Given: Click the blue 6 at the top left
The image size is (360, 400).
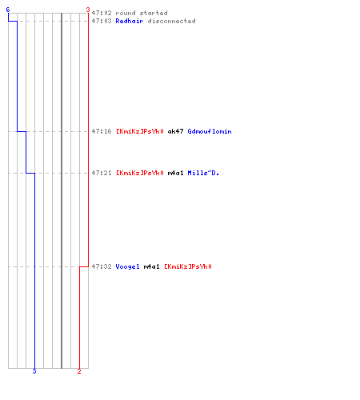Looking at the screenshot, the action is click(8, 10).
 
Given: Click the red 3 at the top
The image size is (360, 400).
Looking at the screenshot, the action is click(88, 10).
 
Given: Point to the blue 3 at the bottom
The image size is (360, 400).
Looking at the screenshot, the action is click(34, 371).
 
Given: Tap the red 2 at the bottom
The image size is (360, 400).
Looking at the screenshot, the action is click(79, 371).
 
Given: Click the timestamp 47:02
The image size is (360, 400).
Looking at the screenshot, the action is click(102, 13).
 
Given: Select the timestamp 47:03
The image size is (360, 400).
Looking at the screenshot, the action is click(102, 21).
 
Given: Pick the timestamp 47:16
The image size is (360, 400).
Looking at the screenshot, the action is click(102, 131).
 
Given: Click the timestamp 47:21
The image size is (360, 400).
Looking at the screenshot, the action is click(102, 173).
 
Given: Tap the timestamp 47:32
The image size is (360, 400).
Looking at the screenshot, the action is click(102, 266).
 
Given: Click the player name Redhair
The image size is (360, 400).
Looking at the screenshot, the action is click(130, 21).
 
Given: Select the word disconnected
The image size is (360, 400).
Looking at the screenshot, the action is click(171, 21).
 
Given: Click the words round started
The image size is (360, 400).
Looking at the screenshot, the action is click(142, 13).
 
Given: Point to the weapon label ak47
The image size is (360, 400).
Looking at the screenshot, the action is click(175, 131).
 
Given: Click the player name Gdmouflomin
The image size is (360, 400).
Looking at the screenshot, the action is click(210, 131).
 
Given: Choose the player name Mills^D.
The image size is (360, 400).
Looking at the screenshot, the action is click(203, 173).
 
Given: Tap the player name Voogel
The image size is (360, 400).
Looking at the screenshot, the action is click(127, 266).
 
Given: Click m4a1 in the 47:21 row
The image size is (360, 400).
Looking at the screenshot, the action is click(175, 173).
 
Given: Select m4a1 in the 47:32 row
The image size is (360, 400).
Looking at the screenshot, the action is click(151, 266).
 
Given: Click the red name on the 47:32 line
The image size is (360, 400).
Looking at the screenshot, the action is click(188, 266).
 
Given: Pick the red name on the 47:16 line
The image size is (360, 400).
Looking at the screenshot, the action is click(140, 131).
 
